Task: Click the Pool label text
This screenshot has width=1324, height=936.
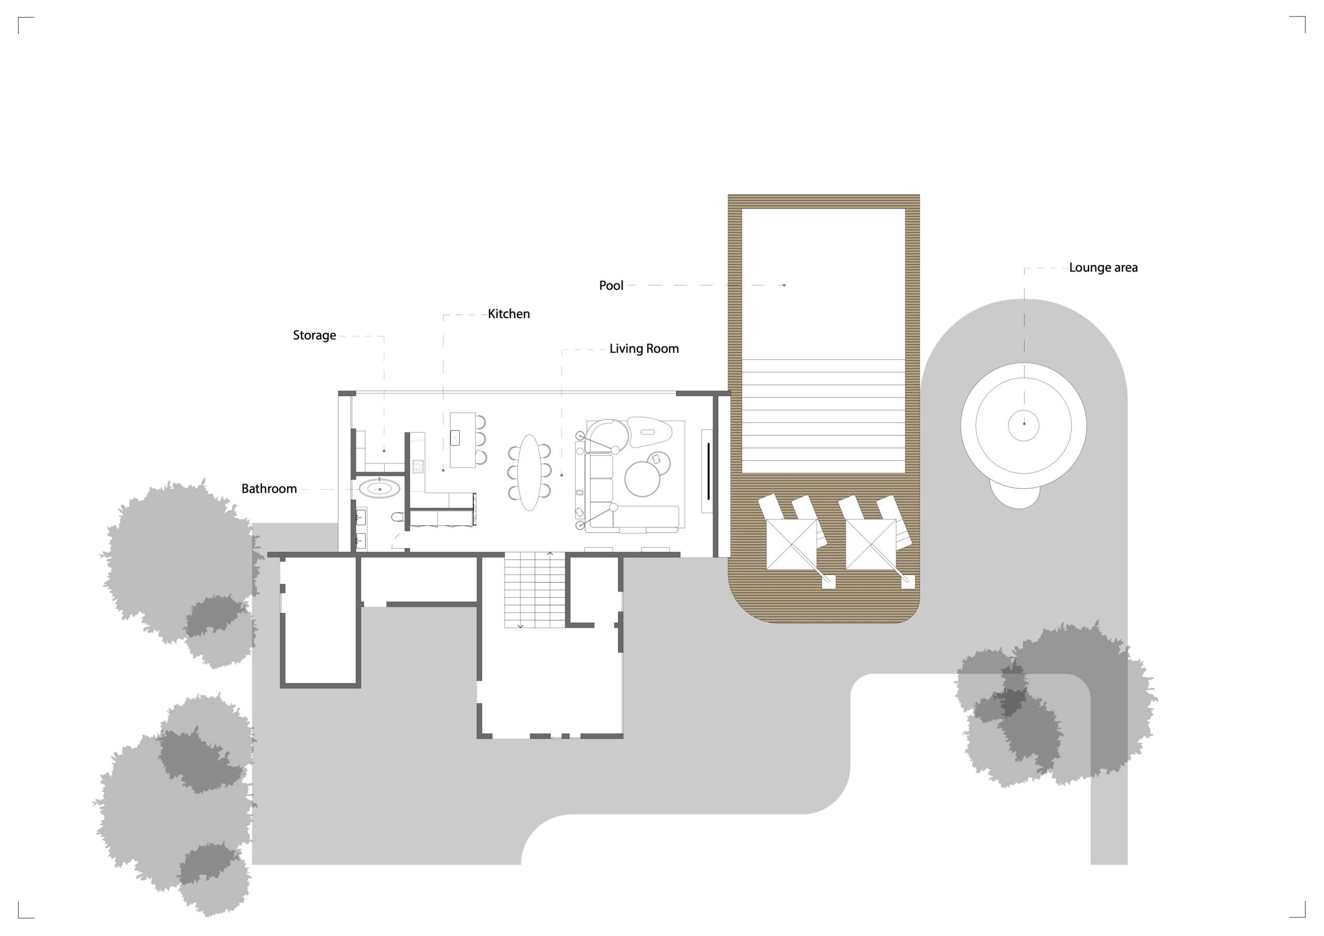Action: point(611,285)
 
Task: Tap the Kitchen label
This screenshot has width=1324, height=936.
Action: point(508,314)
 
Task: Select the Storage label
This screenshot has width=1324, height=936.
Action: point(314,336)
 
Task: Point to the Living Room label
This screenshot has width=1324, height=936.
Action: point(644,349)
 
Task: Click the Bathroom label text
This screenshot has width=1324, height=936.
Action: point(269,489)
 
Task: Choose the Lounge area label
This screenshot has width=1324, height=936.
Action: point(1103,267)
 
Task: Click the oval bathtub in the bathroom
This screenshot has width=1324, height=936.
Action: point(380,489)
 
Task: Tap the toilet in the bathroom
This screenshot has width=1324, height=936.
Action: point(398,517)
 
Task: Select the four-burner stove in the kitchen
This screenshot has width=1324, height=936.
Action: point(418,466)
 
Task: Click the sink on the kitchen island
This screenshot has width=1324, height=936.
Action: point(455,437)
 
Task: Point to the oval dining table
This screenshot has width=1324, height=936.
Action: point(529,473)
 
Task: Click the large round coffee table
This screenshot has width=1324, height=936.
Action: point(642,479)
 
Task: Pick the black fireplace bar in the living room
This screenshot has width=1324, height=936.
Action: point(709,472)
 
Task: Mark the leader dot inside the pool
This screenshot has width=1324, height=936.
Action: point(784,285)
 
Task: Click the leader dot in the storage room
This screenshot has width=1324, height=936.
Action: point(384,451)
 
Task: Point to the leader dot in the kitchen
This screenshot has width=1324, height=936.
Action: point(443,471)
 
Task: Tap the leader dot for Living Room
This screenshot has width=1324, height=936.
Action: point(562,475)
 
